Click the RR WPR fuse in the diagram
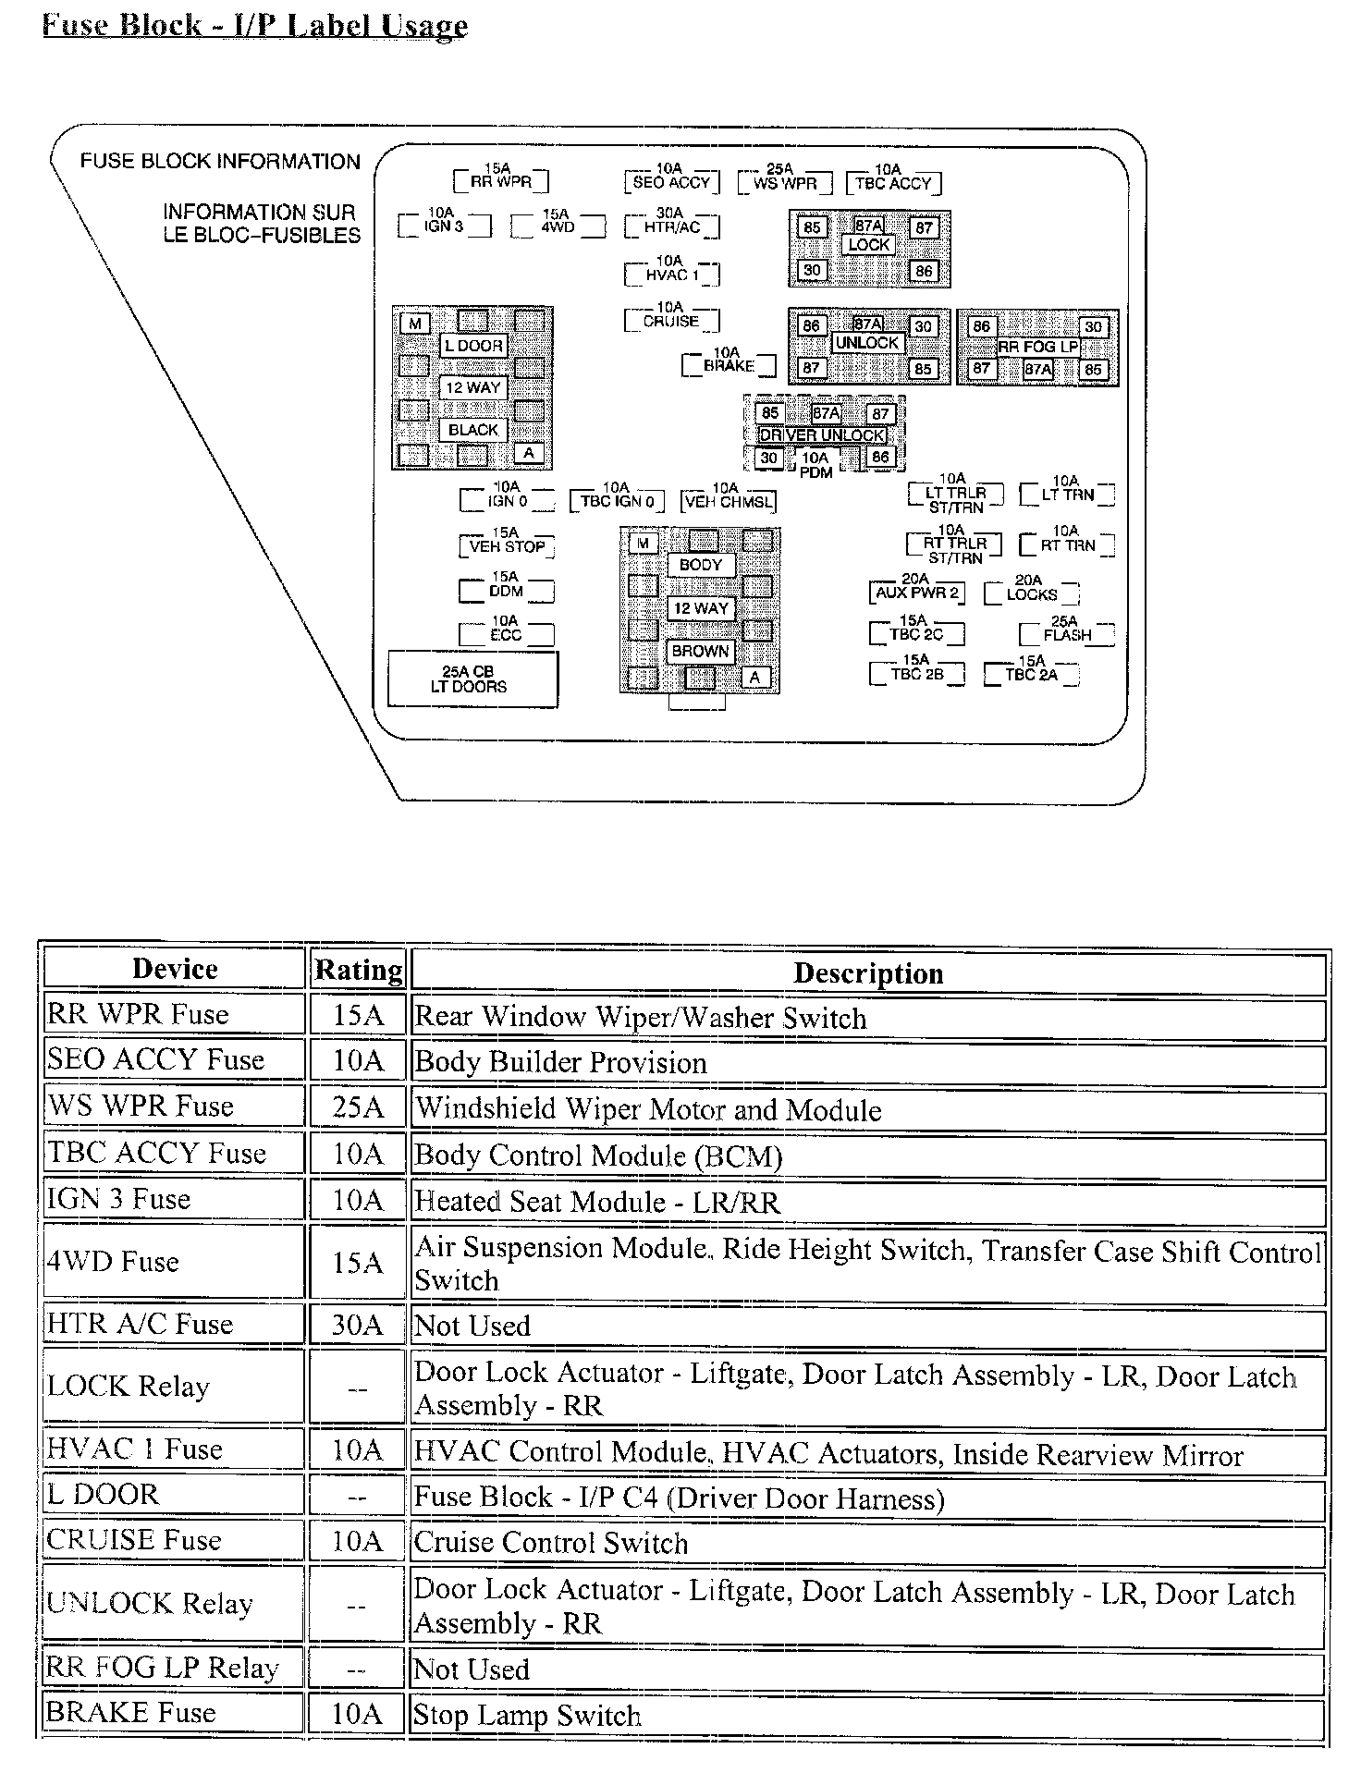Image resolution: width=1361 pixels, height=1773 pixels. [500, 180]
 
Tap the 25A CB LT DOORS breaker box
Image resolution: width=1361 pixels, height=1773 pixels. [472, 679]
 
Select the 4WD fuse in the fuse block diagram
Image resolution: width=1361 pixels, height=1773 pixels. [558, 226]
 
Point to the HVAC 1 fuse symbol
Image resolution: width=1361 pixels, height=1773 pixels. [671, 274]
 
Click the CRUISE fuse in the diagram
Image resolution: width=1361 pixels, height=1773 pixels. [671, 320]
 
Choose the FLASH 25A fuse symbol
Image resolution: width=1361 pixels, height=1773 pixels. [1066, 634]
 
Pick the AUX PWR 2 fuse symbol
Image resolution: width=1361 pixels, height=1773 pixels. [916, 592]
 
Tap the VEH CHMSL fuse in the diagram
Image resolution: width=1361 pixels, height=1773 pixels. [728, 501]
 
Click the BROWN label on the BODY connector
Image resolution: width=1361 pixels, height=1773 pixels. [700, 651]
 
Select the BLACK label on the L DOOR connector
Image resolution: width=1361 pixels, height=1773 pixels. [472, 430]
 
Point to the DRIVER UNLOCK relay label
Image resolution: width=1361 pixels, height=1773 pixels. [822, 434]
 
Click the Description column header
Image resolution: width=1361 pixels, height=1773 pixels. [867, 972]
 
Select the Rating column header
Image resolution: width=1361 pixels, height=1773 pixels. [358, 970]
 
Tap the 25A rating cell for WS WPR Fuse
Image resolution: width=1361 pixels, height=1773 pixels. [358, 1107]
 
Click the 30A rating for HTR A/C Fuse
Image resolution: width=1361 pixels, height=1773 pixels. [358, 1325]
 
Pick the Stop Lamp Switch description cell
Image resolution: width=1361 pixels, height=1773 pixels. [527, 1716]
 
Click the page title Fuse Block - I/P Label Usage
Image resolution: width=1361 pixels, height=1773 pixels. [255, 24]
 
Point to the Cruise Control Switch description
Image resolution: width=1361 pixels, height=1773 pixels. [551, 1543]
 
